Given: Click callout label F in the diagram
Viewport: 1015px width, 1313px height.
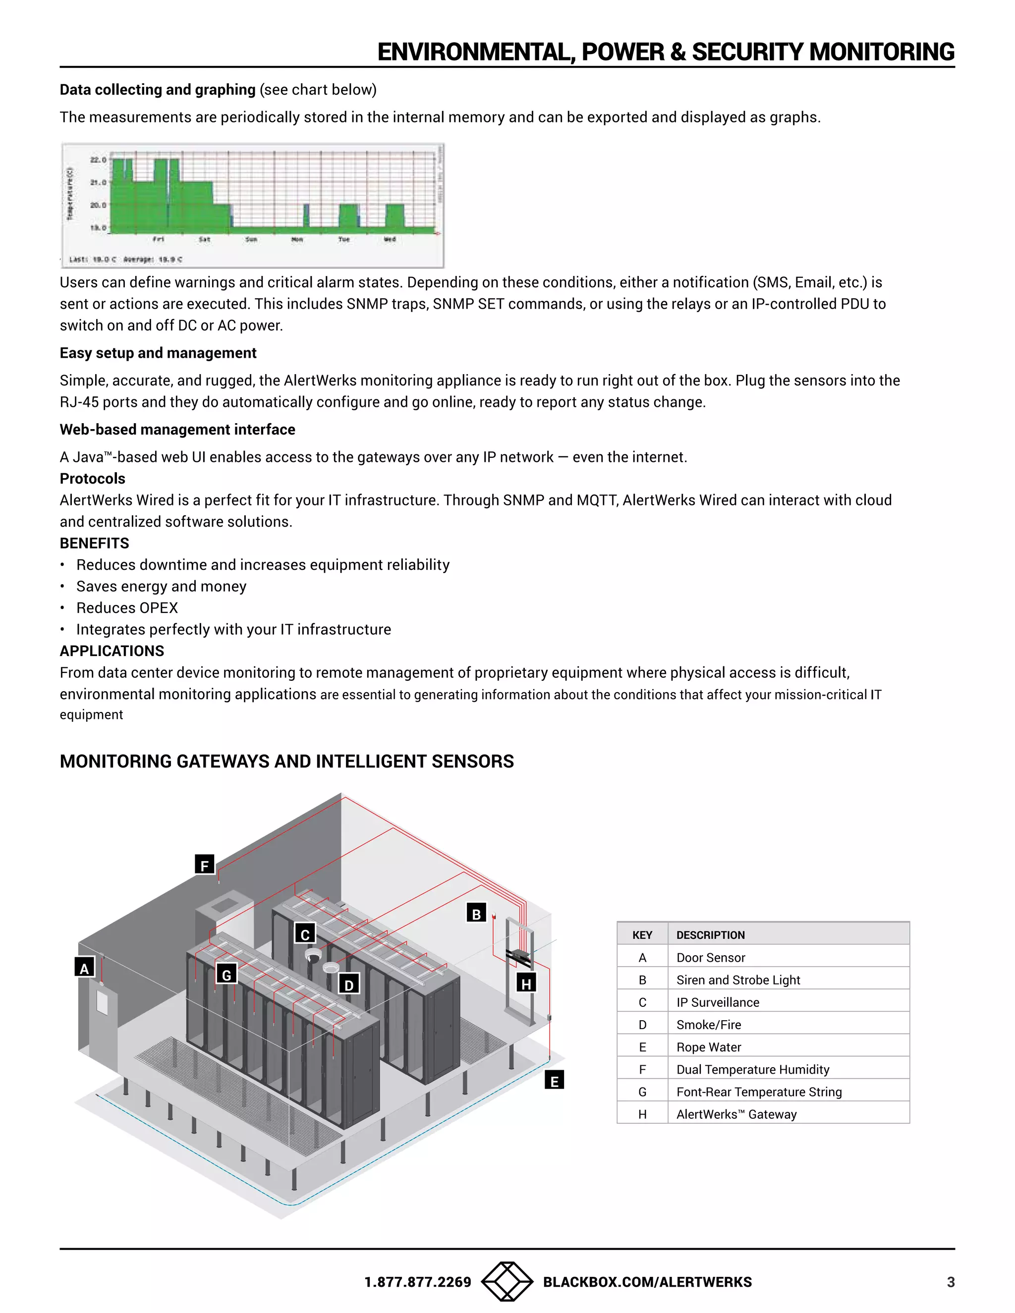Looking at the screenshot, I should tap(205, 865).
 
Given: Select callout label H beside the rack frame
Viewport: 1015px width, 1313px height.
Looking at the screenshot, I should tap(526, 984).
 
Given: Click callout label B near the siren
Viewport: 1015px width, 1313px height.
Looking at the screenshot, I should tap(476, 914).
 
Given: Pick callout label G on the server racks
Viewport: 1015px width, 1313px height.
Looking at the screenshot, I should tap(226, 975).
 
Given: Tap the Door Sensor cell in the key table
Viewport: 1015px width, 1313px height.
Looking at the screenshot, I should tap(711, 958).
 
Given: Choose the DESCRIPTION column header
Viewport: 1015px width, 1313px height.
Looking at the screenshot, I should tap(710, 935).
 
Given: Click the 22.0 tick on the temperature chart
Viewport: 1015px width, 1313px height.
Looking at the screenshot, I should tap(98, 160).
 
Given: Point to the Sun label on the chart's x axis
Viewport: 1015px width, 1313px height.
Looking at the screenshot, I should tap(251, 239).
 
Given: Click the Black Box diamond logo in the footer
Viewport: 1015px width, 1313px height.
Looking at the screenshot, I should tap(507, 1282).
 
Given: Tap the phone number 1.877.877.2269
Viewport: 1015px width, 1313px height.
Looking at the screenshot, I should tap(417, 1282).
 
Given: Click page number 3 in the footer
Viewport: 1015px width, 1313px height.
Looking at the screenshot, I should tap(951, 1282).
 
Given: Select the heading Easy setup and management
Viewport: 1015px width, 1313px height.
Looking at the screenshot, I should tap(158, 353).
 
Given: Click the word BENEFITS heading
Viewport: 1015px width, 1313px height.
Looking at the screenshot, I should tap(94, 544).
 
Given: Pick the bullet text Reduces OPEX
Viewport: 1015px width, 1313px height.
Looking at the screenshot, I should tap(127, 608).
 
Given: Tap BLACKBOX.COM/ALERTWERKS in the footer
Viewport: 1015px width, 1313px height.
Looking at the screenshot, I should tap(647, 1282).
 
